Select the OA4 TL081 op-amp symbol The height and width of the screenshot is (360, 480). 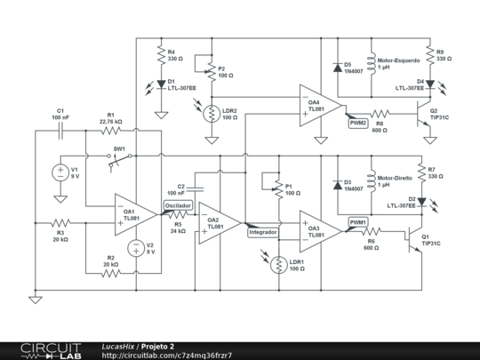click(313, 105)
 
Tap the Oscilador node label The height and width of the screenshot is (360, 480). click(178, 204)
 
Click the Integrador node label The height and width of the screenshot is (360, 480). click(263, 231)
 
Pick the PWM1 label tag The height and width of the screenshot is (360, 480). click(357, 222)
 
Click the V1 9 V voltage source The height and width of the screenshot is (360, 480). click(60, 172)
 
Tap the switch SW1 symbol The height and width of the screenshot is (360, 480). click(116, 160)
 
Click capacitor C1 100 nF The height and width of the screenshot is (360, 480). click(61, 129)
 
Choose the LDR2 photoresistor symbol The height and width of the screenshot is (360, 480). click(212, 114)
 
